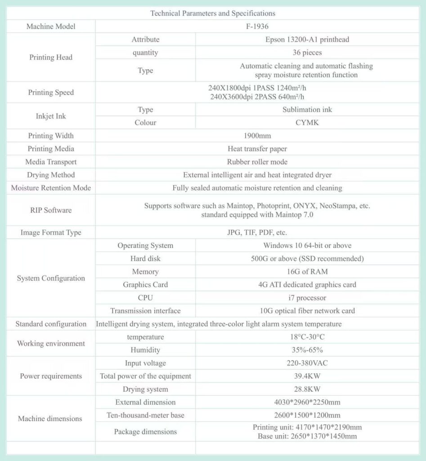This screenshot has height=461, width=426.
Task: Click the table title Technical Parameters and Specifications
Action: (x=213, y=13)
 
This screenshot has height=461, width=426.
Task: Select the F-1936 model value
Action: (x=257, y=26)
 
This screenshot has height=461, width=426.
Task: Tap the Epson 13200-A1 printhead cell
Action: (x=307, y=39)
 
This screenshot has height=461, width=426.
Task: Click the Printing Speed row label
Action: (x=51, y=92)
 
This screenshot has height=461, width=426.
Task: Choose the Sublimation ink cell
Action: (x=307, y=109)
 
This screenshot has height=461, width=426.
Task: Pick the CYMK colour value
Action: (x=307, y=122)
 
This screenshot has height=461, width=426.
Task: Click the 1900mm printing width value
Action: (x=257, y=136)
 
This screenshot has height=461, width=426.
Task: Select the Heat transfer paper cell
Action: (x=257, y=149)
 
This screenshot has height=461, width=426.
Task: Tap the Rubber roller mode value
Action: (x=257, y=162)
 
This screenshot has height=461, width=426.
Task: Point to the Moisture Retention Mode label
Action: (x=51, y=188)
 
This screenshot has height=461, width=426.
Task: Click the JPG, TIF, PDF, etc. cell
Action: (x=257, y=232)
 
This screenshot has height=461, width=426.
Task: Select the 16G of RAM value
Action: (x=307, y=271)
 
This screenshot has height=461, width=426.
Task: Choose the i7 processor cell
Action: (x=307, y=298)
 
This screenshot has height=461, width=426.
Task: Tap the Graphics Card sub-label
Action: (x=145, y=285)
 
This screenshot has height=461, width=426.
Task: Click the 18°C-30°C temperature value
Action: (x=307, y=337)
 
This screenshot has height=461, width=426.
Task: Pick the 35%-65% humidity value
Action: (x=307, y=350)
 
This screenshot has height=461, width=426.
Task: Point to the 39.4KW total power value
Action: (x=307, y=376)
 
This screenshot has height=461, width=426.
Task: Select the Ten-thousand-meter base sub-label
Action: (x=145, y=415)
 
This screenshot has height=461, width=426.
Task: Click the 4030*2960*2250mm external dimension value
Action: (x=307, y=402)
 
